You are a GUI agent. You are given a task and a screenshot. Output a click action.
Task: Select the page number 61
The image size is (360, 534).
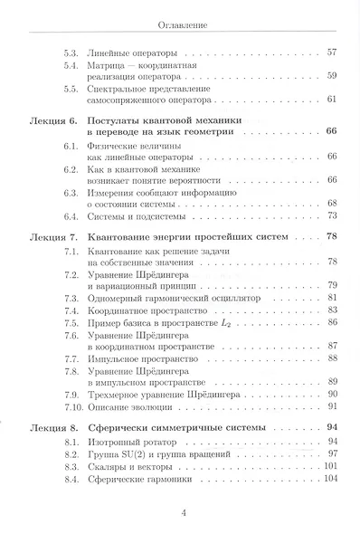coord(331,99)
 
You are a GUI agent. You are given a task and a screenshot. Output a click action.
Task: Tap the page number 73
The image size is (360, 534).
coord(331,215)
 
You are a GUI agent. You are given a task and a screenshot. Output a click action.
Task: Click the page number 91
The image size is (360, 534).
coord(331,406)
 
